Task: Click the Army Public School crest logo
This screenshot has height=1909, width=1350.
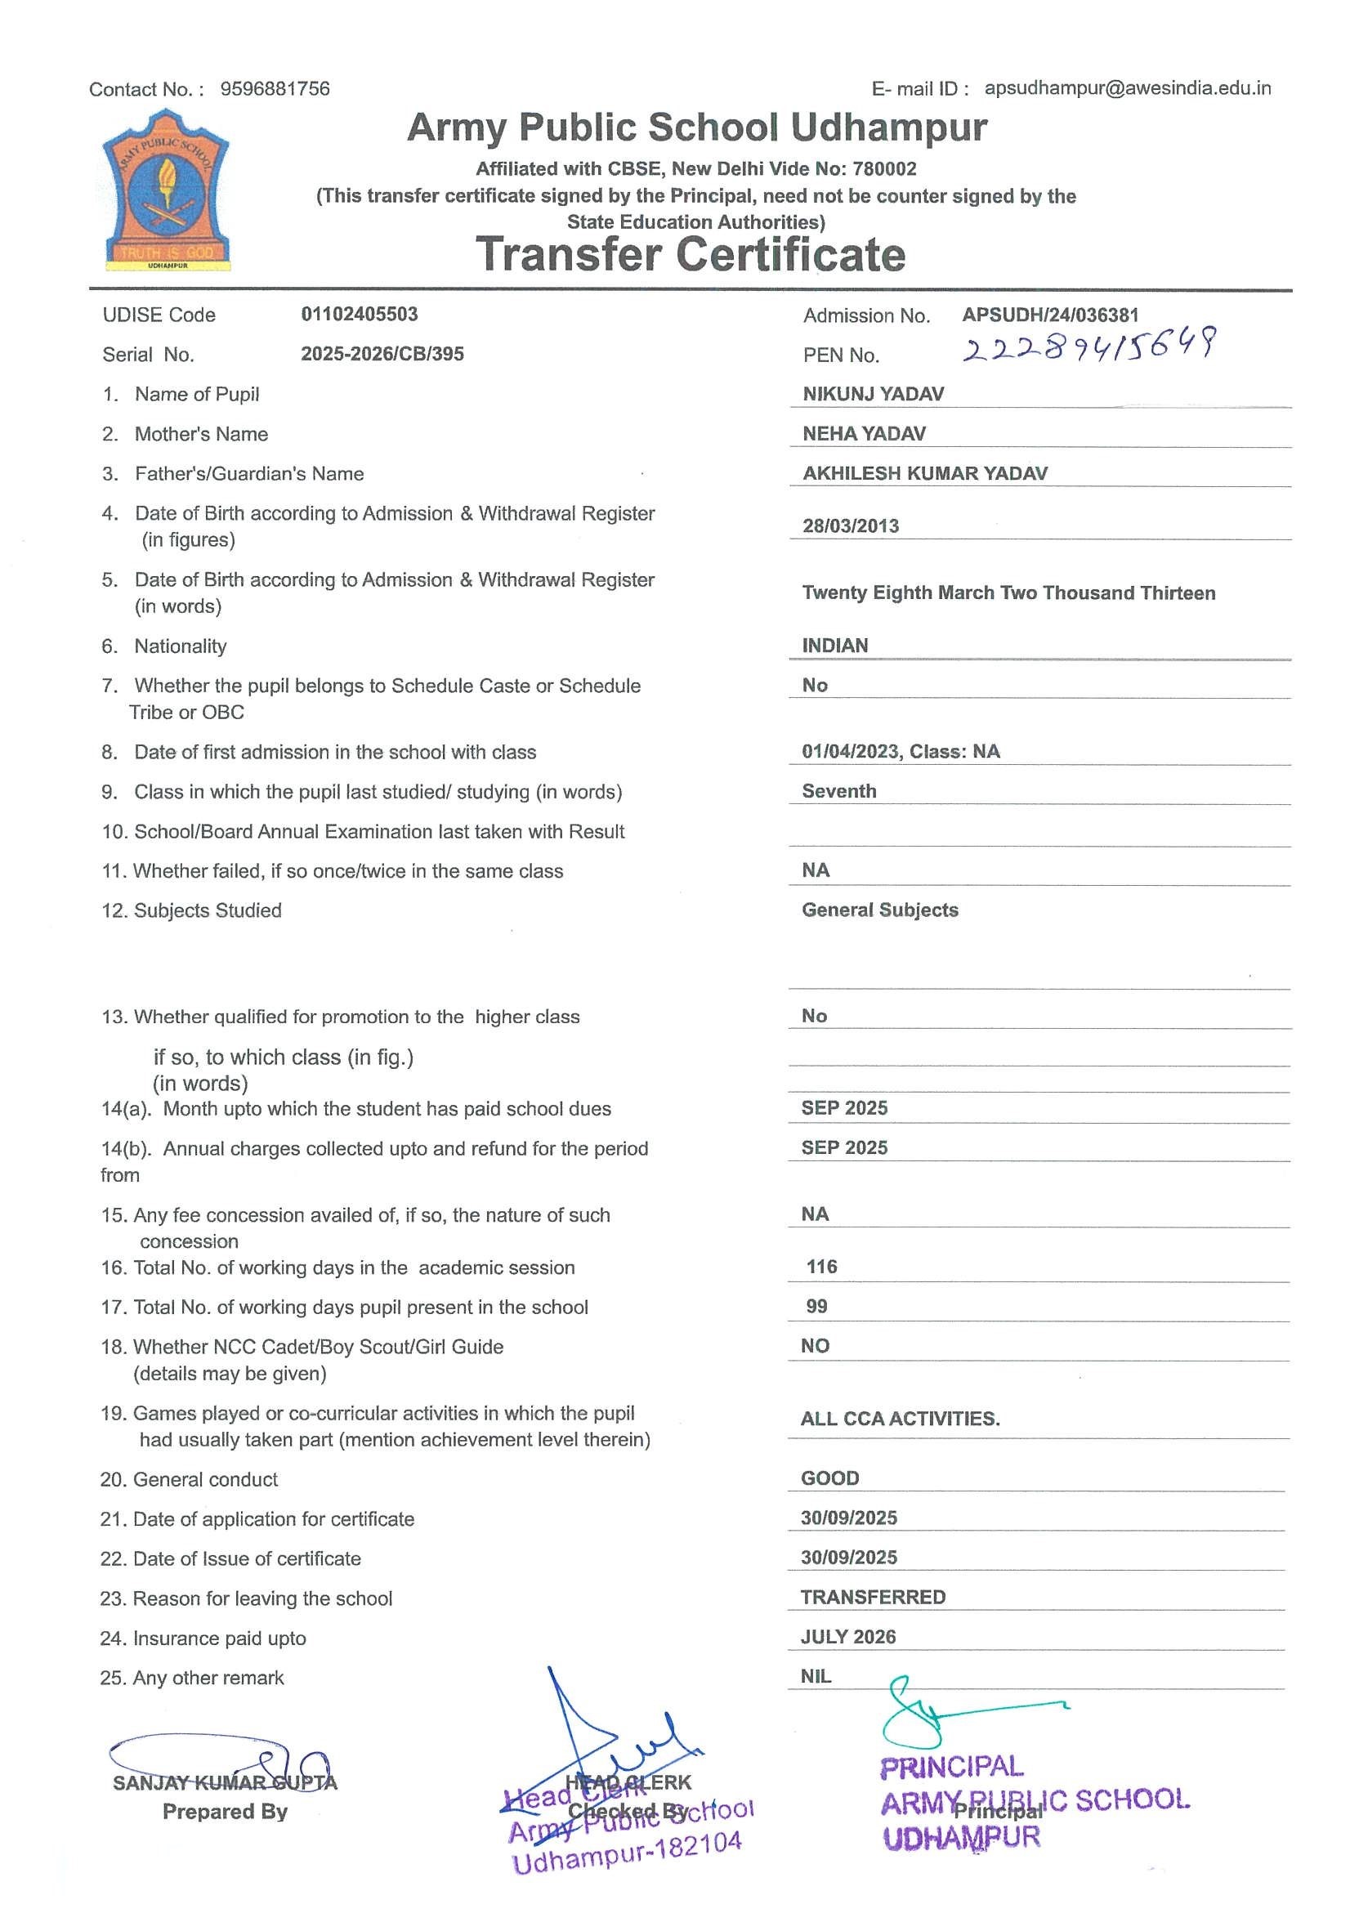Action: tap(166, 190)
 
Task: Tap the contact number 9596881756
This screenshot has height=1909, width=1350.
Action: tap(275, 89)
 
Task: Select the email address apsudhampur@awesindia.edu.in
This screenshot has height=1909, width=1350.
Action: tap(1127, 88)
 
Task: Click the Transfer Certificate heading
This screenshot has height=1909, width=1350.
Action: tap(690, 254)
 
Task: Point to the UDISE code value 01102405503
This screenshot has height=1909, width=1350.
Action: tap(359, 315)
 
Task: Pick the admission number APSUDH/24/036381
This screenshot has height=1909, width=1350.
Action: tap(1050, 315)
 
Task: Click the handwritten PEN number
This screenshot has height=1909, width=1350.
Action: tap(1089, 345)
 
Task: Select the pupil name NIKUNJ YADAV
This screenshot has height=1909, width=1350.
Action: tap(873, 394)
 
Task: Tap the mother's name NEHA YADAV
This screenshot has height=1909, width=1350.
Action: tap(864, 433)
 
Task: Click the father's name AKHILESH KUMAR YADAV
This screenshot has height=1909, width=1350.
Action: tap(924, 473)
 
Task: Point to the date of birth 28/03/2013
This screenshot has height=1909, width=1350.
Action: tap(851, 525)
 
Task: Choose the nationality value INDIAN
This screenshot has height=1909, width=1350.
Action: tap(834, 646)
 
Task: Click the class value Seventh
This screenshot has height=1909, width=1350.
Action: tap(838, 791)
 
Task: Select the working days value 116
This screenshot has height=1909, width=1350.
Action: tap(821, 1267)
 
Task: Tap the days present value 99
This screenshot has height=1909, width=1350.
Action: tap(816, 1306)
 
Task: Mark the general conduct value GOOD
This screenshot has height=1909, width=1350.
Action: tap(829, 1478)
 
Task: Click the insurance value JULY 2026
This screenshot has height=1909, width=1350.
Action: tap(848, 1636)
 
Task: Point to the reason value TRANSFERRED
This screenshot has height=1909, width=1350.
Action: tap(873, 1596)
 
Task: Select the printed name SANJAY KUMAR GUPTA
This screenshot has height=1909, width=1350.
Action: tap(225, 1782)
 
